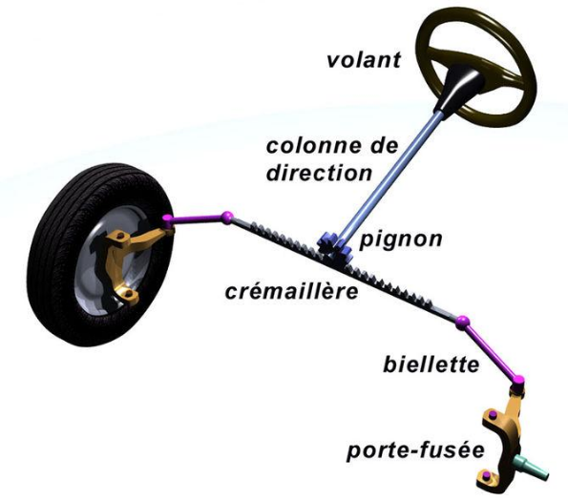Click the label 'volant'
point(364,60)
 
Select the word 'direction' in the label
point(320,173)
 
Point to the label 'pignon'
point(401,240)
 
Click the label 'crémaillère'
point(291,291)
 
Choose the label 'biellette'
point(431,365)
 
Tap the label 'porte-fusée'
point(415,450)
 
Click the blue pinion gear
point(335,247)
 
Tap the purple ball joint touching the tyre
point(168,219)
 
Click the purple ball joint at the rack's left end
point(227,217)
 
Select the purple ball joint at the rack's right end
point(462,322)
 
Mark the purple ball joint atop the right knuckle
point(518,381)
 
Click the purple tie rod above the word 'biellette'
point(491,351)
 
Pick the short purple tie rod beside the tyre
point(198,219)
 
